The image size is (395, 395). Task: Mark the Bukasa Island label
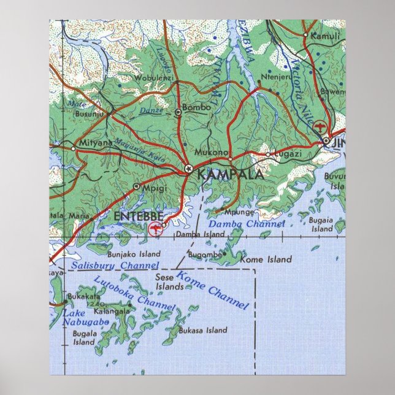pos(202,330)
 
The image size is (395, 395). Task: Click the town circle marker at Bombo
pos(178,112)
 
